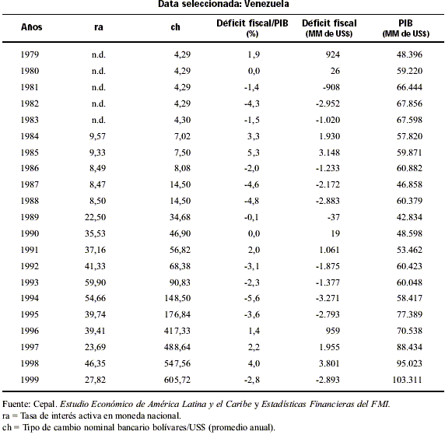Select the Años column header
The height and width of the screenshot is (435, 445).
point(31,27)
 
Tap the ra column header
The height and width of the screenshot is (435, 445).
point(99,27)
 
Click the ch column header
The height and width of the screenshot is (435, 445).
point(175,27)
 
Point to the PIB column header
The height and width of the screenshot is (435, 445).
point(405,23)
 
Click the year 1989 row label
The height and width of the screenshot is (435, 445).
point(30,217)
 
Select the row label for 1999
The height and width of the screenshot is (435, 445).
point(30,380)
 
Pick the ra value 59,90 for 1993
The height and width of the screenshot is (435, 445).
point(95,282)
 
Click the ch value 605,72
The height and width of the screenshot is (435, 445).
point(177,380)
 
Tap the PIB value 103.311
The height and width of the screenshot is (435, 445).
point(407,380)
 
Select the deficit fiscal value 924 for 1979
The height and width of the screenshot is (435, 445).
point(333,54)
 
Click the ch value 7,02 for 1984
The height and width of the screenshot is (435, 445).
point(182,136)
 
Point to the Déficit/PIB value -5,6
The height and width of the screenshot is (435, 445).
point(252,298)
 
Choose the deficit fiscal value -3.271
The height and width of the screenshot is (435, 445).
point(328,298)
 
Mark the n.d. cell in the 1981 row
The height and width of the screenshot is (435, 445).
point(99,87)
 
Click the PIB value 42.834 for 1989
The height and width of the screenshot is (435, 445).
point(409,217)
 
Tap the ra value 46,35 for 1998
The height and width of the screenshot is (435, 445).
point(95,363)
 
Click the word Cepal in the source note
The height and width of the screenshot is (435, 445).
point(45,404)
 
